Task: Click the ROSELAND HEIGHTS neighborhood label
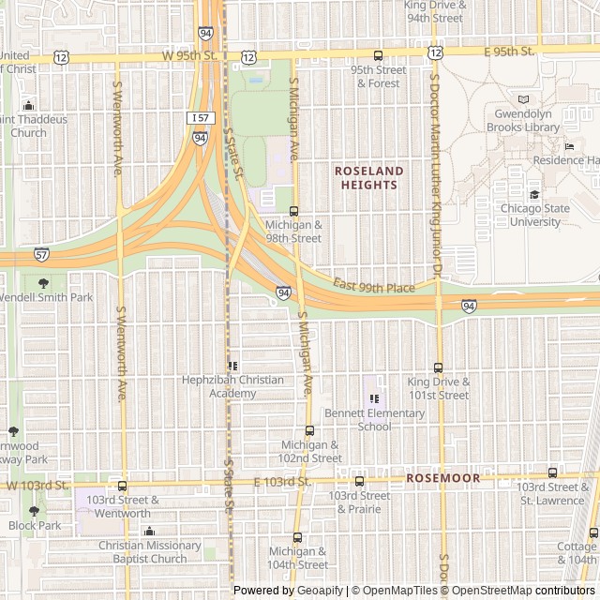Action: [x=369, y=178]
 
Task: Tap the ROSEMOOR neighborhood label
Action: [x=442, y=478]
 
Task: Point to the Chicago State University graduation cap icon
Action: [x=534, y=195]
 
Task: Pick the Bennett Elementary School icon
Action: [x=375, y=398]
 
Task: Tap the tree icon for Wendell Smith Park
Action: [x=43, y=282]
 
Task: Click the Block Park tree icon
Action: [x=35, y=511]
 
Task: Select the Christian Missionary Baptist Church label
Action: [x=149, y=552]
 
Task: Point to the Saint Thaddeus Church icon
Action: [x=28, y=106]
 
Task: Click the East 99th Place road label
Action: [x=373, y=287]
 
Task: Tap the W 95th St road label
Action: [x=188, y=56]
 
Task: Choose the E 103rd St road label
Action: [x=281, y=482]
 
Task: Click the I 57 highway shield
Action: [x=200, y=118]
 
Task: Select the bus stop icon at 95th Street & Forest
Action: [x=378, y=55]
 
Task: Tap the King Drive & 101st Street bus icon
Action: [x=438, y=367]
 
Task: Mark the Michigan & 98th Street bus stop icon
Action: [x=293, y=211]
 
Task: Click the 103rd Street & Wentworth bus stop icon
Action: [x=123, y=486]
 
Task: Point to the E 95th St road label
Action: [x=509, y=51]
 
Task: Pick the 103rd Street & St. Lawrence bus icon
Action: [x=552, y=472]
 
